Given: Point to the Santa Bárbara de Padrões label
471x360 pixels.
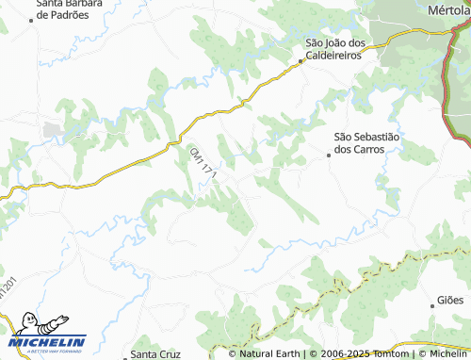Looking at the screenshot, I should coord(67,10).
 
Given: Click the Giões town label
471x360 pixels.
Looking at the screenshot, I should coord(450,300).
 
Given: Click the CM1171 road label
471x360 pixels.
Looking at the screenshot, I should coord(203,165).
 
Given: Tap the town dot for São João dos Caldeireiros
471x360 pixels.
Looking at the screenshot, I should coord(301,61).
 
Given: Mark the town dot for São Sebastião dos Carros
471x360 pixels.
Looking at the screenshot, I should coord(329,155).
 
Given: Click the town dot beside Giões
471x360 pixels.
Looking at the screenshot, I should coord(430,301).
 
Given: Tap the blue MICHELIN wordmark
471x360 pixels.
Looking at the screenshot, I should coord(49,341).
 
